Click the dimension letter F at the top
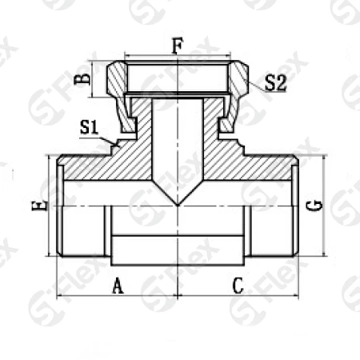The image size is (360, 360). pyautogui.click(x=178, y=46)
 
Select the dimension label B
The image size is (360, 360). pyautogui.click(x=81, y=79)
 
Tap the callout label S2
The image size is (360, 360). pyautogui.click(x=275, y=83)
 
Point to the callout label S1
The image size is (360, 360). pyautogui.click(x=89, y=127)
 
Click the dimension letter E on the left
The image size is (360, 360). pyautogui.click(x=39, y=206)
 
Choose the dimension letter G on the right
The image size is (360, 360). pyautogui.click(x=314, y=206)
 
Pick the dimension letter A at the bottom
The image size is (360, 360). pyautogui.click(x=118, y=286)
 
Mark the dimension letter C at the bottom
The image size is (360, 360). pyautogui.click(x=238, y=286)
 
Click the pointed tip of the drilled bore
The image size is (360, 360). pyautogui.click(x=178, y=206)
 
